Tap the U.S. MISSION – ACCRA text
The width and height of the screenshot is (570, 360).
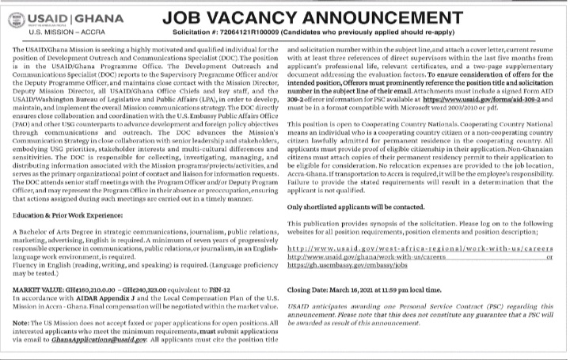tap(55, 35)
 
